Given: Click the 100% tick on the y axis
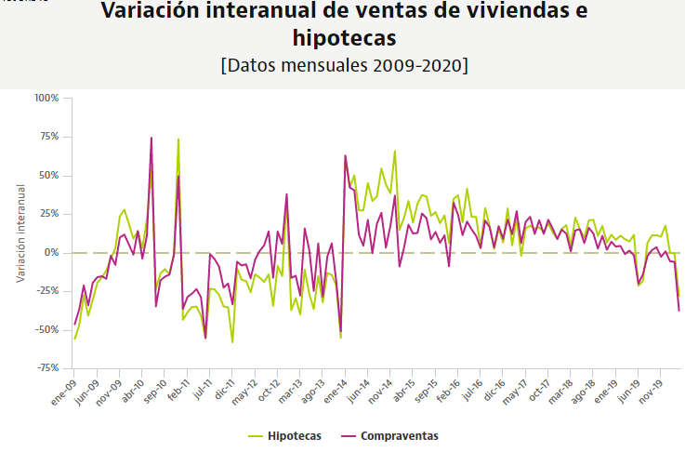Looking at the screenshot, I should [46, 98].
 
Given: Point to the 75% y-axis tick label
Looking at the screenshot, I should [48, 137].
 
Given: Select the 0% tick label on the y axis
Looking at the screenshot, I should [52, 253].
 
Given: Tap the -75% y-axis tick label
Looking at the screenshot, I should [46, 369].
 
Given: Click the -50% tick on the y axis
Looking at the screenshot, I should [46, 330].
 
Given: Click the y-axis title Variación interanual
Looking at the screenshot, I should [20, 233].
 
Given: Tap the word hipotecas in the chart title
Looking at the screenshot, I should [343, 39].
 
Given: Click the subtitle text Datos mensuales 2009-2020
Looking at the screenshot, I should [344, 67].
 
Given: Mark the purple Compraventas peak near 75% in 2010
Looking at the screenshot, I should [151, 138].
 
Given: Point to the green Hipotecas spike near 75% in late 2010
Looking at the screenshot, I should [178, 140].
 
